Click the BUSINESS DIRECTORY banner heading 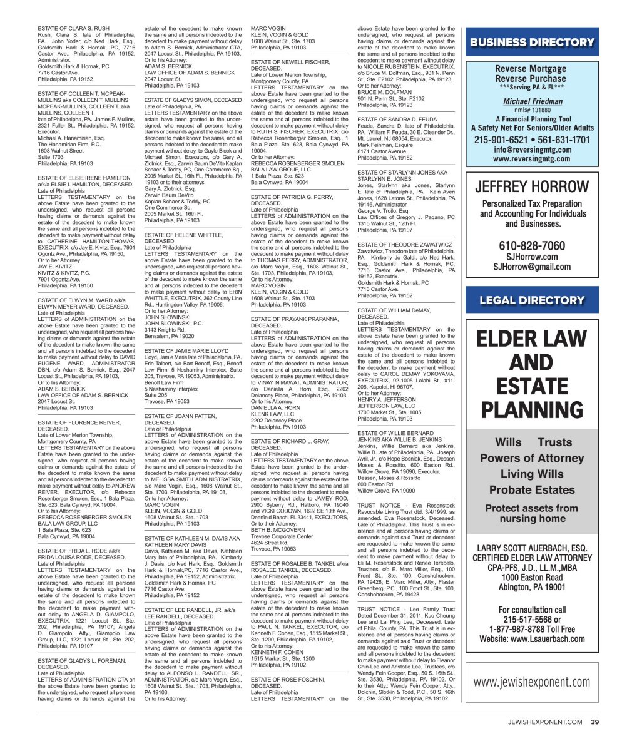pos(532,43)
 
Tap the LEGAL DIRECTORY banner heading pos(532,300)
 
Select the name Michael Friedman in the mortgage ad pos(533,101)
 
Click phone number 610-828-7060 pos(532,246)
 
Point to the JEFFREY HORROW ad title pos(532,187)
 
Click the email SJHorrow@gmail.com pos(532,267)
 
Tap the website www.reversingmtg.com pos(532,159)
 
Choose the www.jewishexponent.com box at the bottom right pos(532,682)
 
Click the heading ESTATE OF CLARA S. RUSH pos(74,29)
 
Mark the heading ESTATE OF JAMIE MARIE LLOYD pos(186,352)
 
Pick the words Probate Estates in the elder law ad pos(532,489)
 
